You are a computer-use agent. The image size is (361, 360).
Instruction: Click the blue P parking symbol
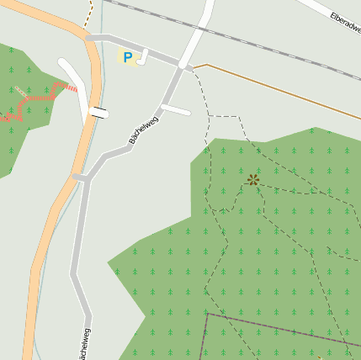pos(128,58)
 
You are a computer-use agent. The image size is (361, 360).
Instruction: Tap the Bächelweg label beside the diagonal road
pos(144,129)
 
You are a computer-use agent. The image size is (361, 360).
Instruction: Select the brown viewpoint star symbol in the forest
pos(253,179)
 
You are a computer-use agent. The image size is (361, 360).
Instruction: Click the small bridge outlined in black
pos(99,113)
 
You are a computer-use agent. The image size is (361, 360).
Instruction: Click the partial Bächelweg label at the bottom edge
pos(84,344)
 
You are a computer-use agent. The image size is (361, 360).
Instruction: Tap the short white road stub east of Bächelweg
pos(177,109)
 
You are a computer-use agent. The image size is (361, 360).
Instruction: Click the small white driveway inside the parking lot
pos(144,56)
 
